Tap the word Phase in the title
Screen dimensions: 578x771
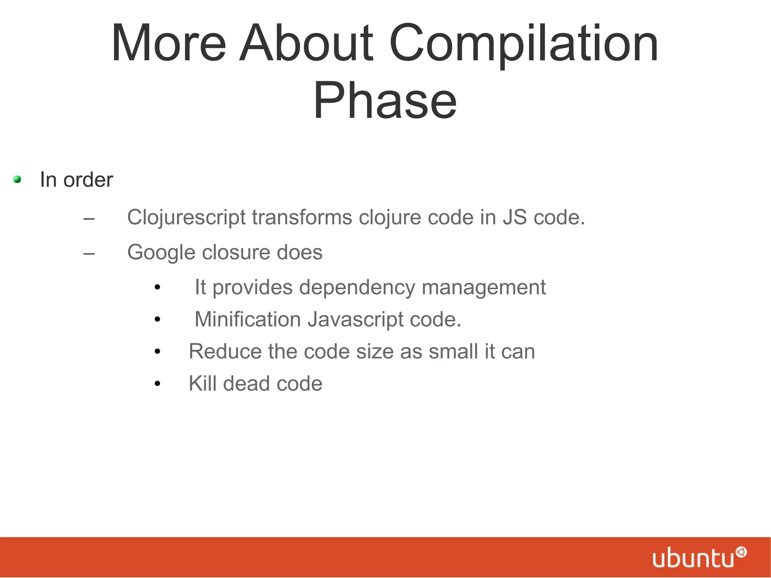click(385, 101)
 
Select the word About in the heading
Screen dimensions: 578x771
click(306, 43)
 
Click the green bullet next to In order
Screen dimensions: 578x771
click(17, 180)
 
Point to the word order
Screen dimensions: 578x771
click(88, 180)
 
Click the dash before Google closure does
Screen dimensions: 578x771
click(89, 253)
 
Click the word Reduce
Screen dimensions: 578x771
click(224, 351)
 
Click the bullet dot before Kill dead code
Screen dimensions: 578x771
click(157, 384)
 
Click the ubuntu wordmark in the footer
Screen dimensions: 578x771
click(693, 558)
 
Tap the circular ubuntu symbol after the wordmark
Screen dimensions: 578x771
click(741, 552)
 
